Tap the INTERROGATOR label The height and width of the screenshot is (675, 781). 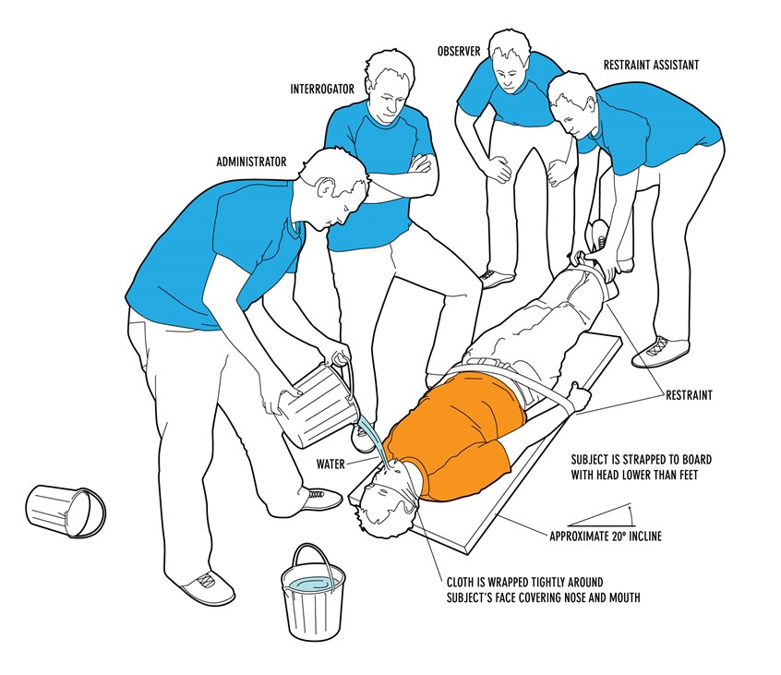tap(321, 90)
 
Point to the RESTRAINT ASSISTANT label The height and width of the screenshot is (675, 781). tap(650, 66)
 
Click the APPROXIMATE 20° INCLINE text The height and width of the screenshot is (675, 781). tap(606, 536)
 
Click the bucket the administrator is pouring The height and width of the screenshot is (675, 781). tap(313, 407)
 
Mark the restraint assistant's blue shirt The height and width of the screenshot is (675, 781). tap(646, 129)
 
